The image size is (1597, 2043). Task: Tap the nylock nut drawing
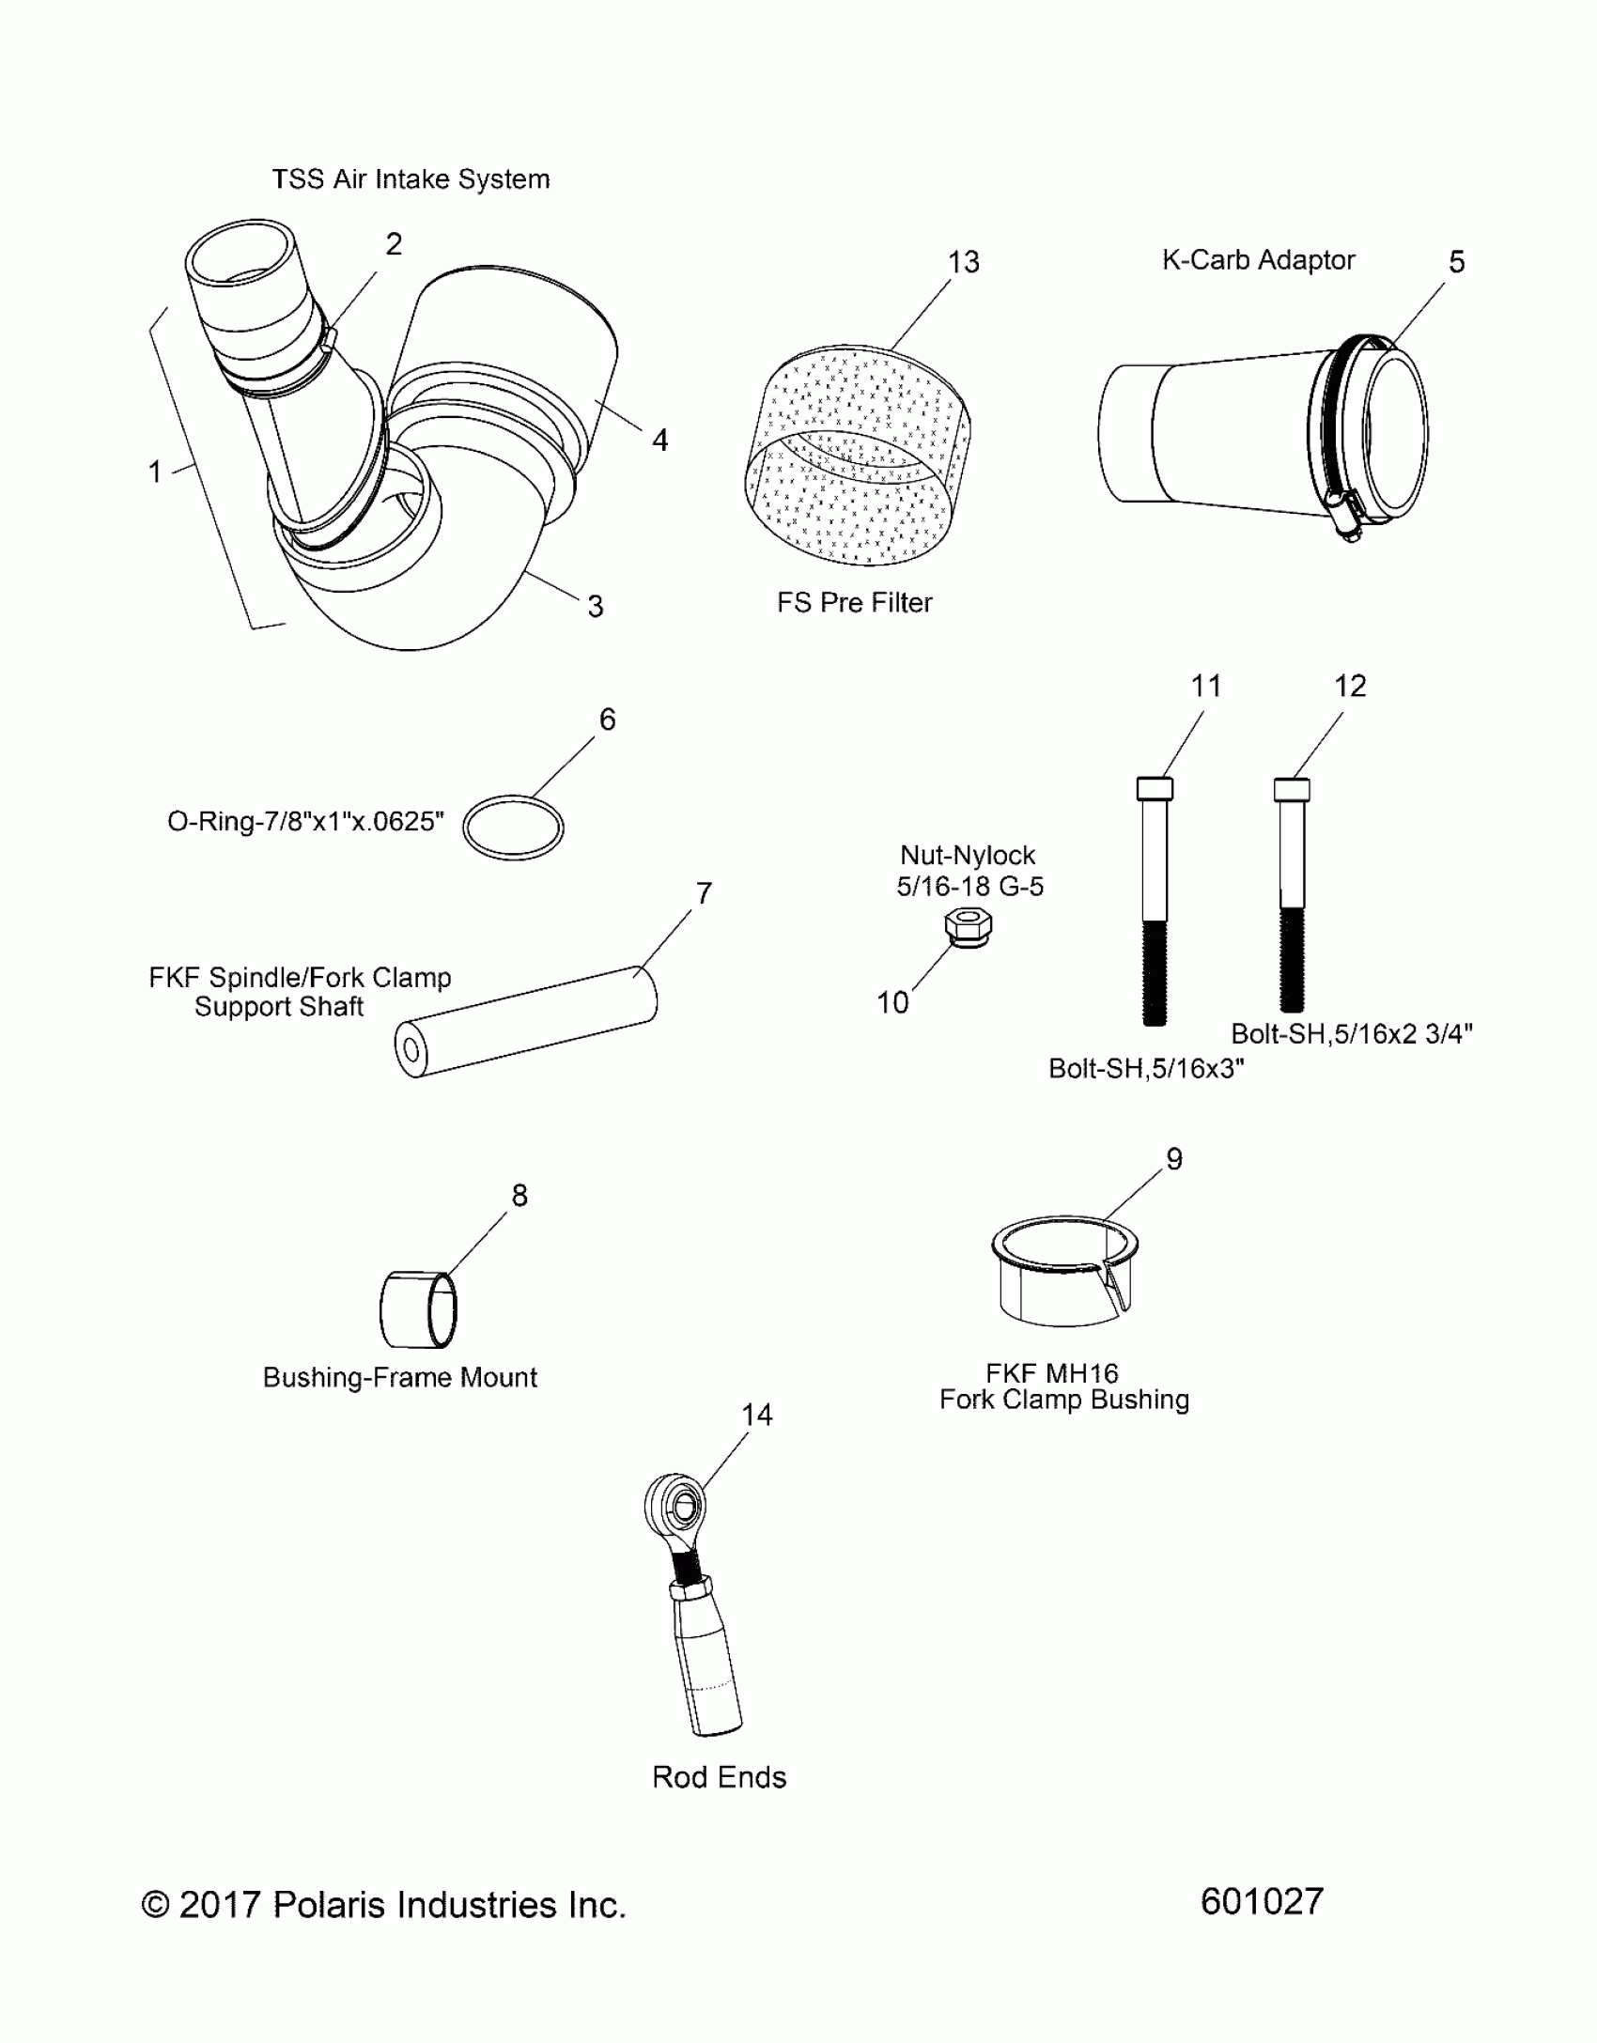(x=968, y=928)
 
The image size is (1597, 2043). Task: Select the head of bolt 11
(x=1155, y=788)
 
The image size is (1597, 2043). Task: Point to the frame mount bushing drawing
(x=419, y=1309)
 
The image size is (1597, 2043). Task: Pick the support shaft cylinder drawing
(x=526, y=1021)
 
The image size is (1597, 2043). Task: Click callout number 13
(x=963, y=262)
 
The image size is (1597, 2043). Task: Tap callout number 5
(x=1456, y=262)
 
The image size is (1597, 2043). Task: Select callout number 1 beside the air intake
(x=155, y=472)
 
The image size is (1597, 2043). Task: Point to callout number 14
(x=756, y=1415)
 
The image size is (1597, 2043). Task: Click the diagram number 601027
(x=1262, y=1901)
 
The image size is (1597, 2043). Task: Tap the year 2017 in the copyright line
(x=219, y=1905)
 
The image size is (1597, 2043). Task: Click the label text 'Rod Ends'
(x=719, y=1777)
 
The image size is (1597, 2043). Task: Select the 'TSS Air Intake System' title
(x=411, y=179)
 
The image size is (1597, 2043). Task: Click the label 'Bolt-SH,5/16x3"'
(x=1146, y=1069)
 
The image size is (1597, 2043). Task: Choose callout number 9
(x=1173, y=1159)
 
